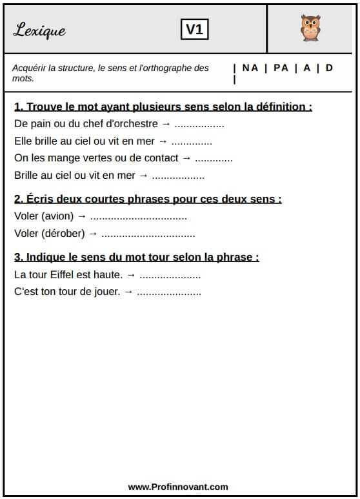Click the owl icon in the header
[310, 28]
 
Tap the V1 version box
[194, 29]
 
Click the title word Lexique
[39, 30]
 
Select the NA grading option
[250, 68]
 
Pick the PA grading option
[281, 68]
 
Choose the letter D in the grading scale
[329, 68]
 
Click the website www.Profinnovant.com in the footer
[178, 487]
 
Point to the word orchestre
[135, 123]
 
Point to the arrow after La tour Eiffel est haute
[131, 274]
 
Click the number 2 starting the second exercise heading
[17, 199]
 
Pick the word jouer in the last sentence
[107, 292]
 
